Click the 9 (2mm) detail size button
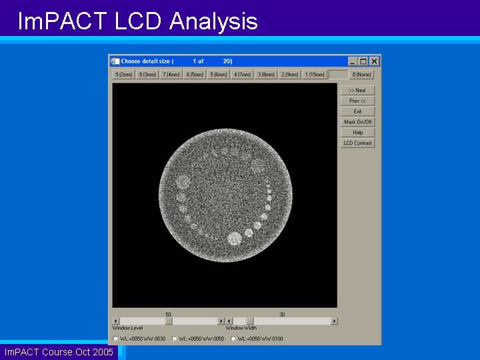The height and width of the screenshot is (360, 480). pyautogui.click(x=124, y=75)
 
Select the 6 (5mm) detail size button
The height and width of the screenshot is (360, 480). pyautogui.click(x=195, y=75)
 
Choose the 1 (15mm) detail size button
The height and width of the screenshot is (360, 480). pyautogui.click(x=315, y=75)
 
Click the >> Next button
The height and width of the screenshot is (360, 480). pyautogui.click(x=357, y=90)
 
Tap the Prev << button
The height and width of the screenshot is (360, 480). pyautogui.click(x=357, y=101)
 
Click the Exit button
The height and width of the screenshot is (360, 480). pyautogui.click(x=357, y=111)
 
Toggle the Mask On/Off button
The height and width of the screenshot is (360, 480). pyautogui.click(x=357, y=122)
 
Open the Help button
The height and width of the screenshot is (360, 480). pyautogui.click(x=357, y=133)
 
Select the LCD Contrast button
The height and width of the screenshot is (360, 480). pyautogui.click(x=357, y=143)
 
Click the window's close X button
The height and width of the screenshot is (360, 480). pyautogui.click(x=374, y=61)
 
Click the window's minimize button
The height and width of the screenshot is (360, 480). pyautogui.click(x=353, y=61)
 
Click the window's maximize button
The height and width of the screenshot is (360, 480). pyautogui.click(x=363, y=61)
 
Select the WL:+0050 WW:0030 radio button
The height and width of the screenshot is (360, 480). pyautogui.click(x=115, y=339)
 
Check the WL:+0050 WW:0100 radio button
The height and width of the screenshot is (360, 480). pyautogui.click(x=233, y=339)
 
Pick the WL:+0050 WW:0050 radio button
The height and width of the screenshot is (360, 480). pyautogui.click(x=174, y=339)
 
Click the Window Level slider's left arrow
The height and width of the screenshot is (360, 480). pyautogui.click(x=116, y=321)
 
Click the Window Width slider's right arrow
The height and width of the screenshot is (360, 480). pyautogui.click(x=334, y=321)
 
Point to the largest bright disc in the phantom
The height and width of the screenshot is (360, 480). pyautogui.click(x=235, y=239)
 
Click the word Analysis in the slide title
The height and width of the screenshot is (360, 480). pyautogui.click(x=213, y=21)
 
